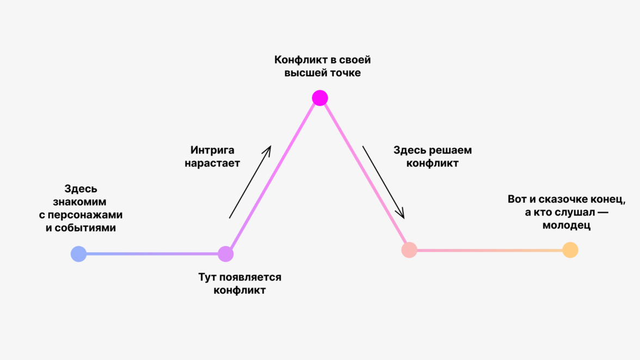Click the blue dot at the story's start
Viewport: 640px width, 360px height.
tap(79, 254)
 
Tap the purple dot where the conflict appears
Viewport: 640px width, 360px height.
tap(225, 254)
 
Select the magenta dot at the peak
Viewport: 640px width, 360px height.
tap(320, 98)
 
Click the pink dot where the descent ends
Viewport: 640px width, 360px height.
tap(409, 250)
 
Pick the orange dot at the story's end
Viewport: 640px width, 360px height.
tap(570, 250)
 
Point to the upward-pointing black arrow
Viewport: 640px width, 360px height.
tap(250, 182)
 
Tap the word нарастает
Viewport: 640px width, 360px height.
tap(212, 163)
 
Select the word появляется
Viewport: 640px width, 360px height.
tap(250, 277)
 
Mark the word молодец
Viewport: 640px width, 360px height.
tap(566, 225)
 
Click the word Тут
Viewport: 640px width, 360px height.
tap(208, 277)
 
